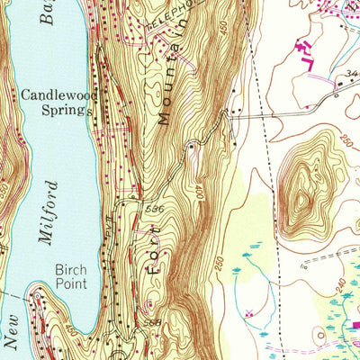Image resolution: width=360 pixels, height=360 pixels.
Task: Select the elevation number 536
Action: [x=154, y=208]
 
